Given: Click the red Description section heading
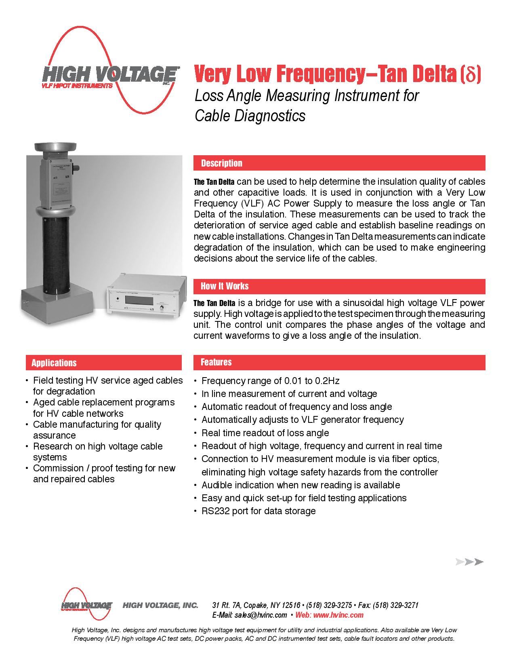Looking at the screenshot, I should point(222,163).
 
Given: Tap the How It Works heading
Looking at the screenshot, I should point(225,286).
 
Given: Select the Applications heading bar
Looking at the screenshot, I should point(54,363).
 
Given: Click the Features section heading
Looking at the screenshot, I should point(216,362).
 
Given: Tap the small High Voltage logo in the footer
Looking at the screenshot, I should point(86,606).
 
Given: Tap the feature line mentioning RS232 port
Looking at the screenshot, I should point(259,511).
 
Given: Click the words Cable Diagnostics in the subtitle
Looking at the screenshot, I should point(250,116).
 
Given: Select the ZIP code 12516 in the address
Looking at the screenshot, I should point(290,605).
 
